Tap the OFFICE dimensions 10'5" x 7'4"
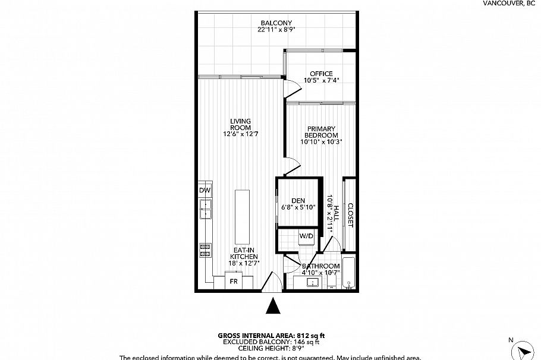pyautogui.click(x=321, y=81)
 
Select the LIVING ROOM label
pyautogui.click(x=240, y=124)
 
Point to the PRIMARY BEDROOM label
pyautogui.click(x=321, y=132)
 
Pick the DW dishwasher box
pyautogui.click(x=205, y=190)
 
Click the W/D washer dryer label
pyautogui.click(x=306, y=236)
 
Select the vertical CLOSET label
pyautogui.click(x=350, y=215)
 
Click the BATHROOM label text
pyautogui.click(x=321, y=266)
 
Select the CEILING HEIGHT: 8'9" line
pyautogui.click(x=270, y=349)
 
